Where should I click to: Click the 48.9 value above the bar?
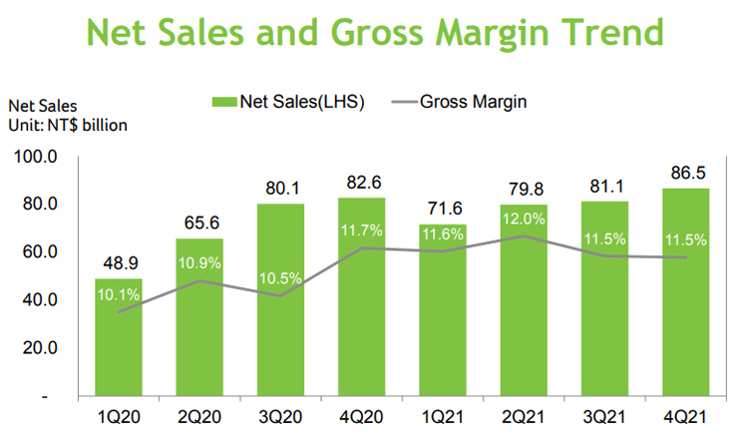[120, 265]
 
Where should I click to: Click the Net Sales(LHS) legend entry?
[288, 101]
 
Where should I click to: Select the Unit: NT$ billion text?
[69, 125]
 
